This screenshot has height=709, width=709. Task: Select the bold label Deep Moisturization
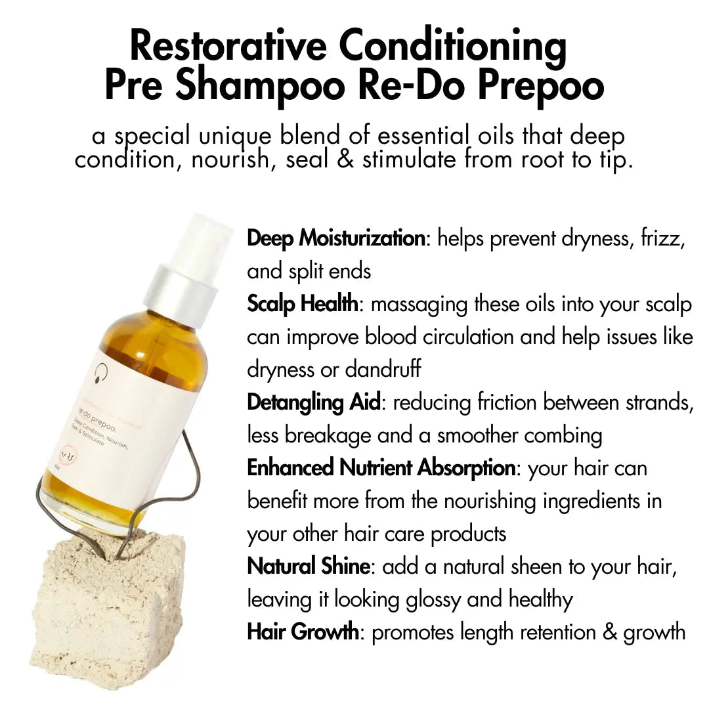pos(336,238)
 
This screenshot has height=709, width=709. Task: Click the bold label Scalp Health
pos(303,304)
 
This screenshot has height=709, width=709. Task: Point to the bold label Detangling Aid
pos(313,402)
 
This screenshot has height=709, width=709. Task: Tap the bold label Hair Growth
pos(303,632)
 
